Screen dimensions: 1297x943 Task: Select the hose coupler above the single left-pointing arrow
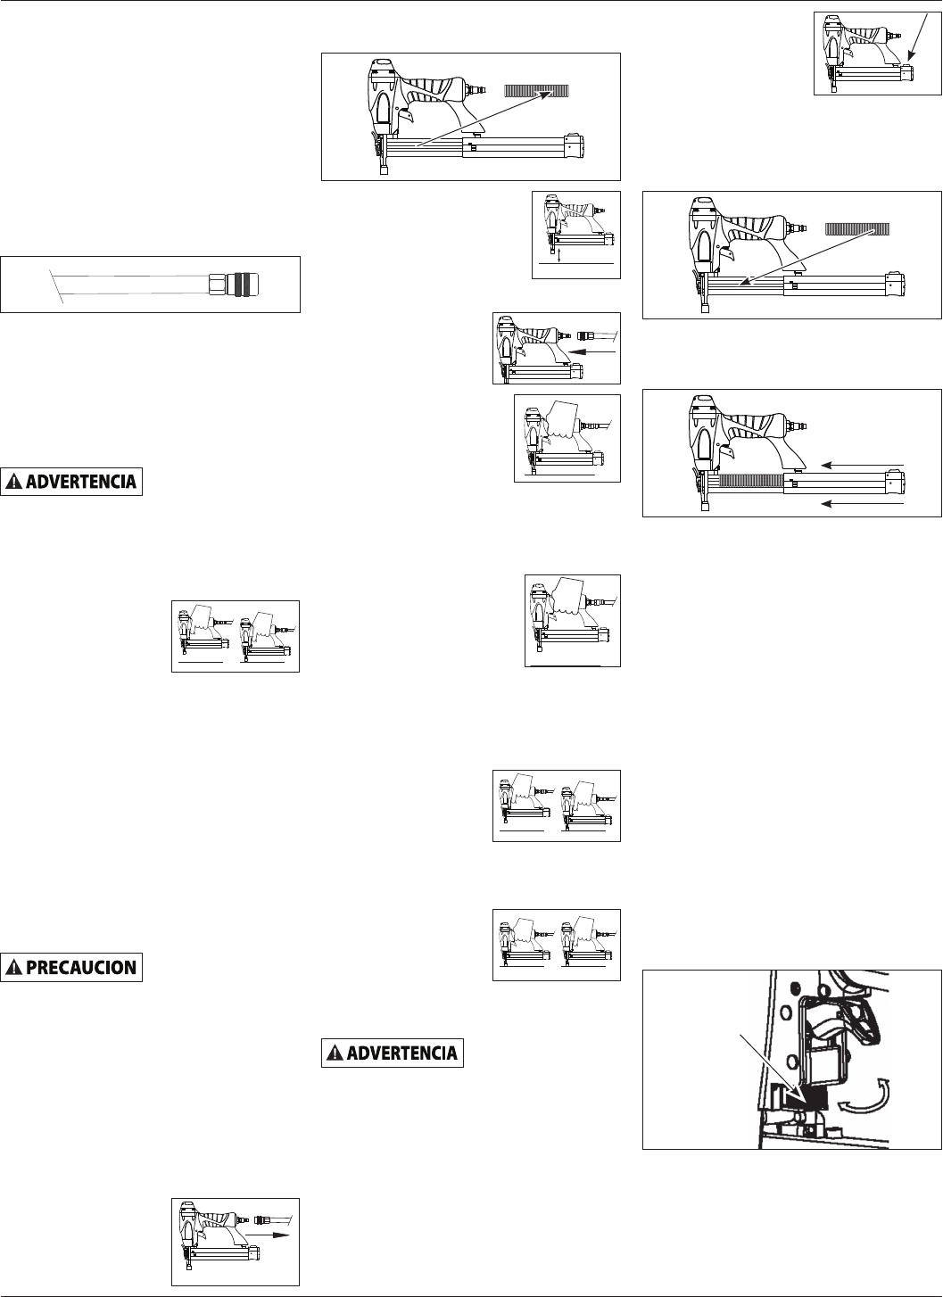click(587, 335)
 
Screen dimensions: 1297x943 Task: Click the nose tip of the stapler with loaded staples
click(704, 505)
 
